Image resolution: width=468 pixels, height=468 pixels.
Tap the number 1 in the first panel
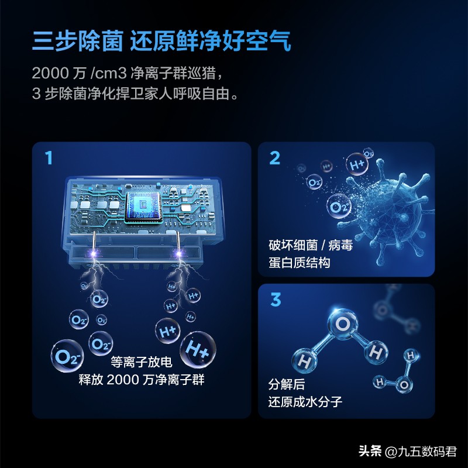pos(49,158)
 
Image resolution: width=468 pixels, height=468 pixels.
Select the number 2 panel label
pos(274,158)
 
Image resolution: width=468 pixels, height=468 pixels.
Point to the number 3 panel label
pos(275,300)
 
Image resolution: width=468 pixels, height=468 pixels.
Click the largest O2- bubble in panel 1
pos(67,355)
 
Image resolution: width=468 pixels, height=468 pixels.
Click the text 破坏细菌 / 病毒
pos(311,245)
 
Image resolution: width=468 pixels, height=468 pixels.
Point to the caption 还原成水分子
pos(305,402)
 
